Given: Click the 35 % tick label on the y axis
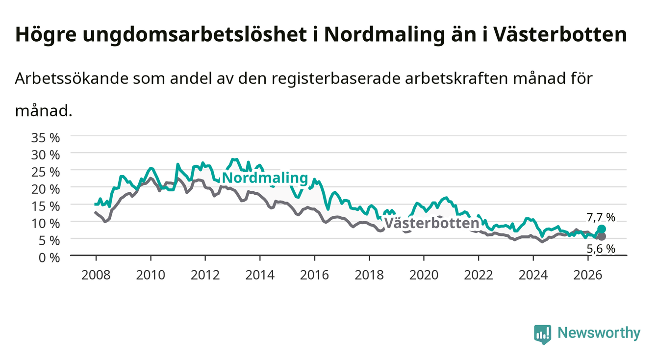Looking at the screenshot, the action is [46, 138].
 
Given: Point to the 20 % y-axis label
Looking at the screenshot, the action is [46, 189].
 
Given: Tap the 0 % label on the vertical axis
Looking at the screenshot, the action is [49, 257].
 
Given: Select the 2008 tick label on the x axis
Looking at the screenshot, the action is [96, 275].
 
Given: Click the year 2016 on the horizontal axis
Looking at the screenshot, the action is [314, 275].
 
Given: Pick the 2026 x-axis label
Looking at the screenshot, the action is [588, 275].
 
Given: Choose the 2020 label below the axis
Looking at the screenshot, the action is [424, 275].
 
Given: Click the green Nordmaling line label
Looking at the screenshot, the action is [265, 178].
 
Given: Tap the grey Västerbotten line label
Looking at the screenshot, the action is [431, 223].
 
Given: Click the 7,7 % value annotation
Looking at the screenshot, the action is [601, 217].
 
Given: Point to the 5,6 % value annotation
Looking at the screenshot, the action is [601, 249].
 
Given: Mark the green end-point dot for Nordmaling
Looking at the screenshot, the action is [601, 229].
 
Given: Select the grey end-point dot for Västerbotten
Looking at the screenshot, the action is [601, 236].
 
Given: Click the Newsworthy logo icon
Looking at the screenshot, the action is [542, 334].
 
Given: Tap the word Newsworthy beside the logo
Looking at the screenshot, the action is [599, 333].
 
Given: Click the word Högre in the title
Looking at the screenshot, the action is [46, 35].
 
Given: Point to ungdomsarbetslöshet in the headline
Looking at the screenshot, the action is [195, 35].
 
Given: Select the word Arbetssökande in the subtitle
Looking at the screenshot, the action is [72, 78].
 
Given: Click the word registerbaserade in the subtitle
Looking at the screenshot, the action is [336, 79].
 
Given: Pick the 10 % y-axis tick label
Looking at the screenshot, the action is [46, 223].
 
